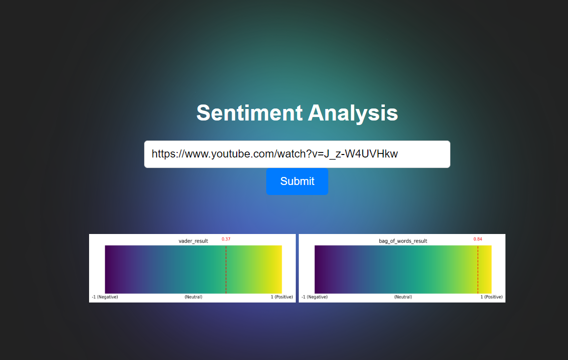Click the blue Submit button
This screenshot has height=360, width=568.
pyautogui.click(x=297, y=181)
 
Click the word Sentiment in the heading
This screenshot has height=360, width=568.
pyautogui.click(x=249, y=113)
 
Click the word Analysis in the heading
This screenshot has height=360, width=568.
pyautogui.click(x=353, y=113)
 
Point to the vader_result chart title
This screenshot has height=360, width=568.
pyautogui.click(x=193, y=241)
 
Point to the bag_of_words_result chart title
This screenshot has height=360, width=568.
pyautogui.click(x=403, y=241)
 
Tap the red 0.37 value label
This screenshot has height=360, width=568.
pyautogui.click(x=226, y=239)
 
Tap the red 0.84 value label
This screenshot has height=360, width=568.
pyautogui.click(x=478, y=239)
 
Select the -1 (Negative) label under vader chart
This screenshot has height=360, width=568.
pyautogui.click(x=105, y=297)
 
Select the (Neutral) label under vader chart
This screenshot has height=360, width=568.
pyautogui.click(x=193, y=297)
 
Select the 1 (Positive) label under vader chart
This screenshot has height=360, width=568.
pyautogui.click(x=282, y=297)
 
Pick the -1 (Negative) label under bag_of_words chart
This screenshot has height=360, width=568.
pyautogui.click(x=314, y=297)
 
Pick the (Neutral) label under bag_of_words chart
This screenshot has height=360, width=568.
pyautogui.click(x=403, y=297)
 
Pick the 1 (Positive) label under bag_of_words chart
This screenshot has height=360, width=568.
pyautogui.click(x=491, y=297)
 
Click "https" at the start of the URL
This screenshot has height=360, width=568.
pyautogui.click(x=163, y=154)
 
